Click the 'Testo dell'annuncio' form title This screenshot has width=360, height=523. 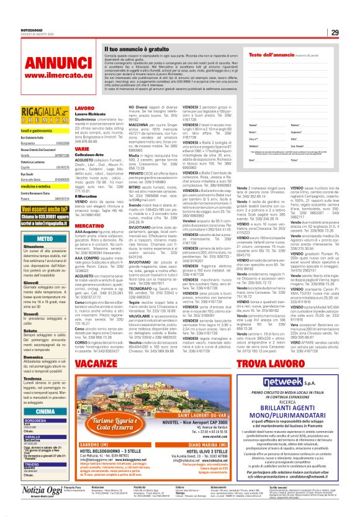(x=270, y=55)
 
